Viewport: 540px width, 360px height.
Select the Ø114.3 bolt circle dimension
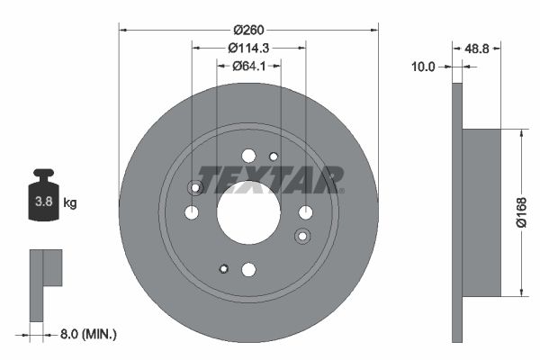pyautogui.click(x=248, y=46)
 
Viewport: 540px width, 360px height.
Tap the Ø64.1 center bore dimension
pyautogui.click(x=248, y=65)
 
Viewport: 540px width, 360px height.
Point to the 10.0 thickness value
pyautogui.click(x=422, y=67)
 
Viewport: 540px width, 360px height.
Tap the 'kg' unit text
pyautogui.click(x=69, y=203)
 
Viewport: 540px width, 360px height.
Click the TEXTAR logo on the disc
pyautogui.click(x=270, y=180)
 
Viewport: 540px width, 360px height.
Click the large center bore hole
pyautogui.click(x=248, y=212)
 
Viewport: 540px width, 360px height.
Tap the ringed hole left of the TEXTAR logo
pyautogui.click(x=193, y=187)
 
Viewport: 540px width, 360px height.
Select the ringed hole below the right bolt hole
pyautogui.click(x=302, y=236)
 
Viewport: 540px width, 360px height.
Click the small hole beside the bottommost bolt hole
pyautogui.click(x=224, y=267)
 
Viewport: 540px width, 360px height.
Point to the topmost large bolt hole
pyautogui.click(x=248, y=155)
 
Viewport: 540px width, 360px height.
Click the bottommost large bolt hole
pyautogui.click(x=248, y=269)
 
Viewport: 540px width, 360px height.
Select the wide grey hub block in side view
pyautogui.click(x=481, y=212)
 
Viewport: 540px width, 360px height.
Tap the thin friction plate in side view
pyautogui.click(x=456, y=212)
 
